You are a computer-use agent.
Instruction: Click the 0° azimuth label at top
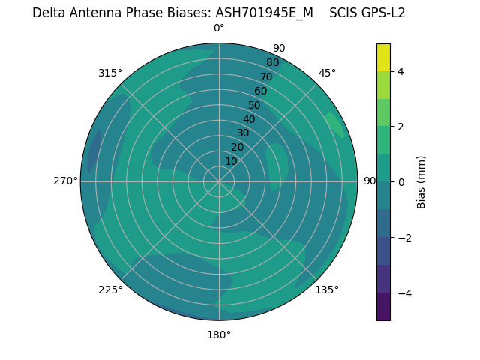[x=219, y=28]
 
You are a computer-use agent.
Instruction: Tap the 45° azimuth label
[x=327, y=73]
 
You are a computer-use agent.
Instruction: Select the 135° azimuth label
[x=327, y=289]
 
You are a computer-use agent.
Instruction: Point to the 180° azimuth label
[x=219, y=334]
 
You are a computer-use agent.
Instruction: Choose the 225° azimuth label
[x=110, y=289]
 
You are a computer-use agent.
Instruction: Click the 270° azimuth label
[x=65, y=181]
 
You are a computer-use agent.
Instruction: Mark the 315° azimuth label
[x=110, y=73]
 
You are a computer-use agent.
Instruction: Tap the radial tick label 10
[x=231, y=161]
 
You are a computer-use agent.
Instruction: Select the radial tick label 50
[x=254, y=105]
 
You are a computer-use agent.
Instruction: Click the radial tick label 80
[x=272, y=62]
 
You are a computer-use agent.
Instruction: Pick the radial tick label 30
[x=243, y=133]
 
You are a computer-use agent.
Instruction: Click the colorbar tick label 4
[x=400, y=71]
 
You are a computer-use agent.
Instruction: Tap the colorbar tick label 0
[x=400, y=181]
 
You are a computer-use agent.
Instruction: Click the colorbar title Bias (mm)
[x=421, y=181]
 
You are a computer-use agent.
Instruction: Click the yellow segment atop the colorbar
[x=383, y=57]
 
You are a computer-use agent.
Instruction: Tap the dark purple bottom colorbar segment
[x=383, y=306]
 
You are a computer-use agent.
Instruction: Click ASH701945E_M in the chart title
[x=264, y=13]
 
